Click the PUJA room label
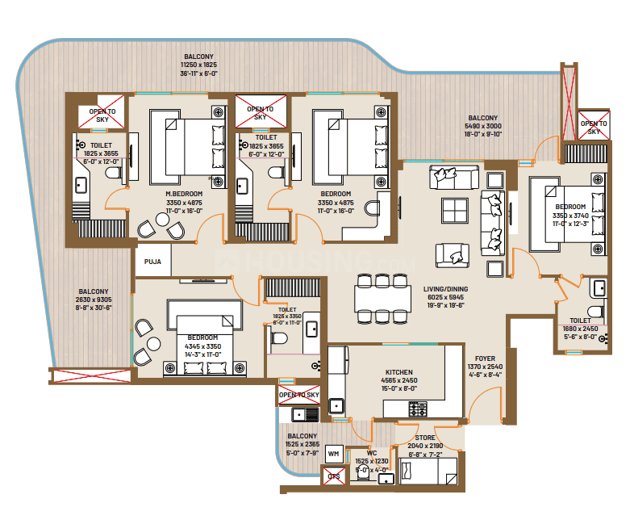point(152,262)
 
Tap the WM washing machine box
point(333,455)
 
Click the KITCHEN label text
point(399,372)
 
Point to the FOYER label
point(485,358)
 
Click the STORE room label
point(425,438)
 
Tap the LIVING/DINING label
point(445,288)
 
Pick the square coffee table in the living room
point(456,211)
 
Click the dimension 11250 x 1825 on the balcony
point(198,64)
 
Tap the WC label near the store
point(372,452)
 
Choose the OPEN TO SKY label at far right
point(594,127)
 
